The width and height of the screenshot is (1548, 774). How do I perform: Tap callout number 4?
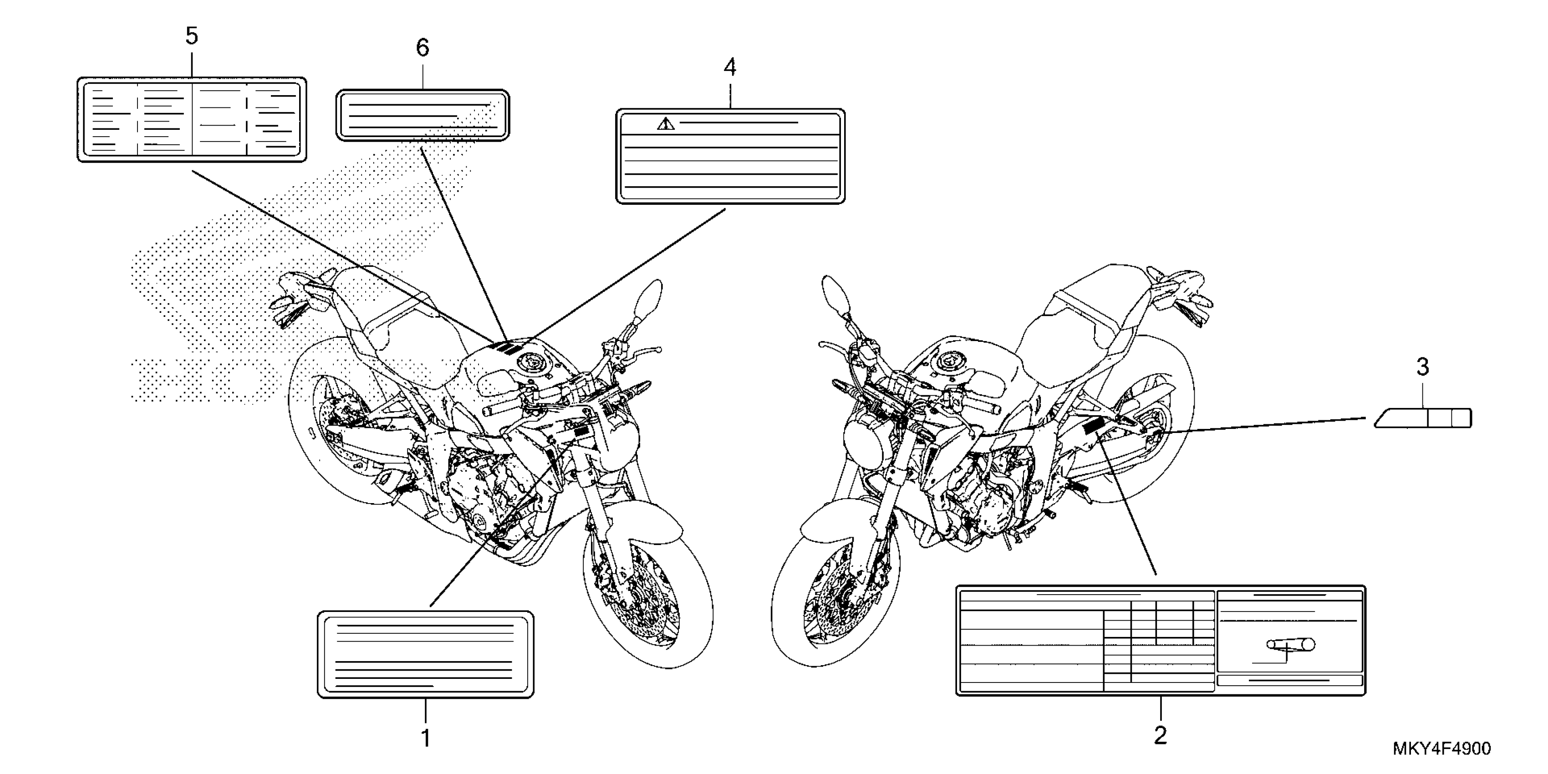(729, 67)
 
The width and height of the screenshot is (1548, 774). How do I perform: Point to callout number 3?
(1422, 367)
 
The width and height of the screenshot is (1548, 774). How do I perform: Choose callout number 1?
(425, 738)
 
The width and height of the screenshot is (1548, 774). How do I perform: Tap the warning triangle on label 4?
(666, 124)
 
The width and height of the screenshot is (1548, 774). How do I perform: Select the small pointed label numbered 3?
(1423, 418)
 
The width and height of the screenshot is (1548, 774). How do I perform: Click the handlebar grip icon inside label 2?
(1290, 645)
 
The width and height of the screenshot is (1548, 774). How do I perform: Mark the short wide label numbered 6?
(423, 115)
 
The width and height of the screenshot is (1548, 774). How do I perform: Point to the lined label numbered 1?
(425, 654)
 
